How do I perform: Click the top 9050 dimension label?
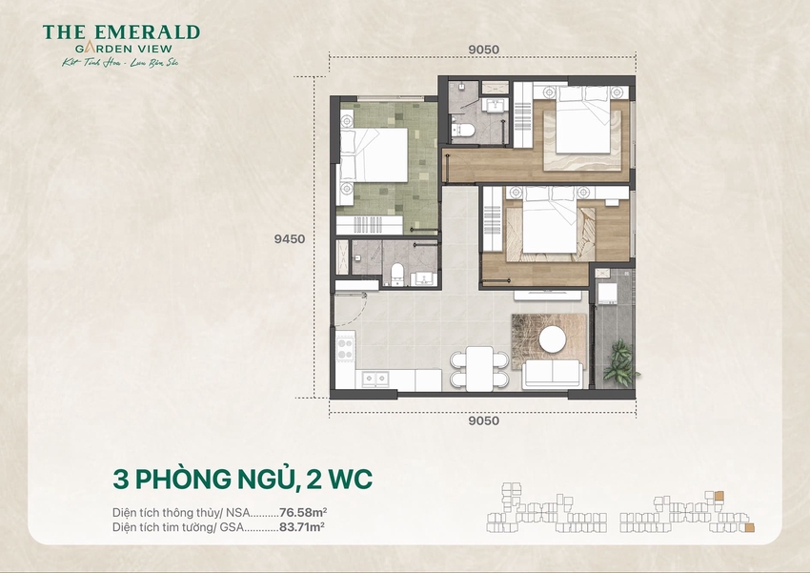(x=483, y=51)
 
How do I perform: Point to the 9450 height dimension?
(x=288, y=240)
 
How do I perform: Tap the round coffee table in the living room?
(x=551, y=338)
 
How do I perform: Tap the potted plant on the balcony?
(x=618, y=360)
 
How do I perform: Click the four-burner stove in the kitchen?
(x=343, y=350)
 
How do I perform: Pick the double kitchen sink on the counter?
(x=377, y=379)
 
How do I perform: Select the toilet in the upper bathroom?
(x=459, y=128)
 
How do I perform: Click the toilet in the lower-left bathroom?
(x=397, y=276)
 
